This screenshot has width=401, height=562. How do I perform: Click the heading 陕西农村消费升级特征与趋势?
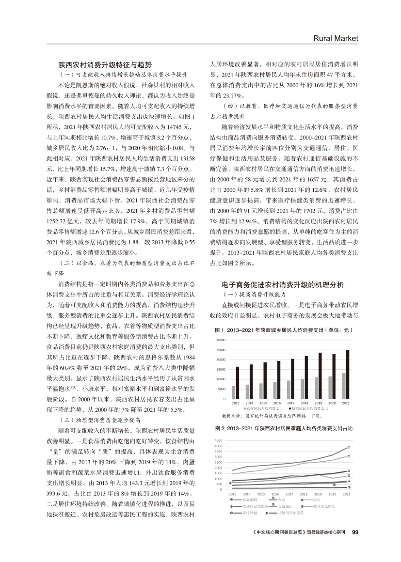pos(105,64)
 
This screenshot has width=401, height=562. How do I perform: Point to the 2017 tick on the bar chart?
pos(290,403)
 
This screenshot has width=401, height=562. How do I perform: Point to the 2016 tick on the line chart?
pos(276,494)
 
